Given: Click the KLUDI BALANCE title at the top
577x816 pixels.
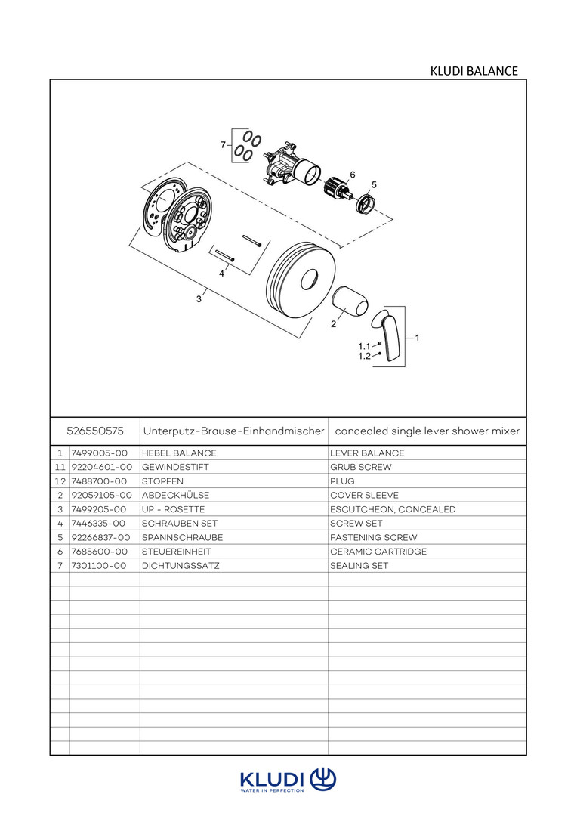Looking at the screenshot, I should pyautogui.click(x=474, y=71).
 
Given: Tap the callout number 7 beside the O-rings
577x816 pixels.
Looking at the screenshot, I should pyautogui.click(x=224, y=144).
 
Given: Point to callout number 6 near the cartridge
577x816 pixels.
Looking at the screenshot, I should pyautogui.click(x=353, y=175).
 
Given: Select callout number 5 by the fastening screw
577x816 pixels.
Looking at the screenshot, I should pyautogui.click(x=374, y=184).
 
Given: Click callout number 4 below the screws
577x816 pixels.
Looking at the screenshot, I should pyautogui.click(x=222, y=274).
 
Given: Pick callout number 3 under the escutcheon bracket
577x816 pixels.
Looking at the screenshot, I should pyautogui.click(x=199, y=299).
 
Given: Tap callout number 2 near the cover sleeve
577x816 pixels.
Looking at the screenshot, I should pyautogui.click(x=333, y=324).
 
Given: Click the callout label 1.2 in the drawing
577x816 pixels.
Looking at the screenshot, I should pyautogui.click(x=365, y=356).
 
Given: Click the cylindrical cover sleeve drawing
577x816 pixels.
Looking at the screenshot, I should pyautogui.click(x=350, y=302).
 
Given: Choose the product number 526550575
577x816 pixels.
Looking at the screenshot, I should pyautogui.click(x=95, y=431).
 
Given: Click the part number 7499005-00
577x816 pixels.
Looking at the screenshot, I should pyautogui.click(x=101, y=453).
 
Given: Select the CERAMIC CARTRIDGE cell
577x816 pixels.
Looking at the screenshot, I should pyautogui.click(x=378, y=552).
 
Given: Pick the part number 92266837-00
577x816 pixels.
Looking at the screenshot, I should pyautogui.click(x=101, y=537).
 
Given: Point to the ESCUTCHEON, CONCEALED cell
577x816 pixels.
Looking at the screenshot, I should pyautogui.click(x=393, y=509).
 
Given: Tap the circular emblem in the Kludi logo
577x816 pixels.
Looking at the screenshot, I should pyautogui.click(x=322, y=778).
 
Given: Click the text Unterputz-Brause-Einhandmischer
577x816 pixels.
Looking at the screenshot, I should pyautogui.click(x=233, y=431).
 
